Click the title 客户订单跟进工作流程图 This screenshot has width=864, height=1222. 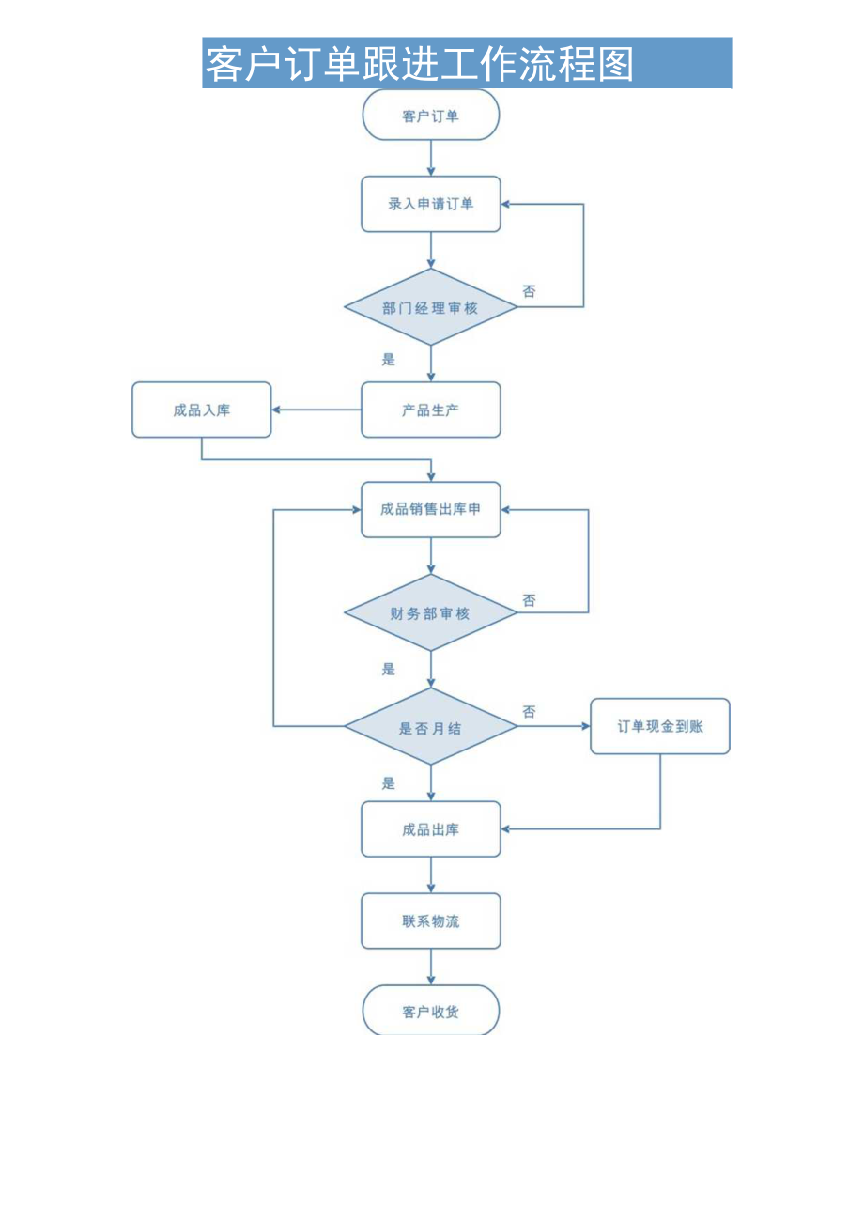tap(420, 64)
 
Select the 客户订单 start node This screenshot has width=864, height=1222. tap(431, 116)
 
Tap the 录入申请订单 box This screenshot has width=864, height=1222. tap(431, 204)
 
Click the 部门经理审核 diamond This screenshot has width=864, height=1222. tap(431, 307)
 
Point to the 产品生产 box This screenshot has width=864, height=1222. tap(431, 410)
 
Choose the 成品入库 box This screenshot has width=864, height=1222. tap(201, 410)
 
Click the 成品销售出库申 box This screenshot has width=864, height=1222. tap(431, 509)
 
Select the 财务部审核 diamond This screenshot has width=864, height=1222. tap(431, 613)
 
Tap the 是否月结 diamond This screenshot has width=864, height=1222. tap(431, 727)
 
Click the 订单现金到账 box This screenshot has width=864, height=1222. tap(659, 726)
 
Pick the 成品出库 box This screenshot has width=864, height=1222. tap(431, 829)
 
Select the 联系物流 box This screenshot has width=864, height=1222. tap(431, 921)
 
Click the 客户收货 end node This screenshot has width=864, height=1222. tap(431, 1012)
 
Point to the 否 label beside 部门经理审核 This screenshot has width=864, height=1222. tap(530, 291)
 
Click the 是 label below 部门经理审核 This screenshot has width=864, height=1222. tap(389, 359)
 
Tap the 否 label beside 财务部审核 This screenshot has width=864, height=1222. tap(530, 600)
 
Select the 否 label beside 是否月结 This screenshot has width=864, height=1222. tap(530, 712)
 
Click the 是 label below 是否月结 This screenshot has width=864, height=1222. tap(389, 782)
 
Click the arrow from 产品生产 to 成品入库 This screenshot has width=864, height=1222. tap(316, 410)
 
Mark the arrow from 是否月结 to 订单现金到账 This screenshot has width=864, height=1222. tap(554, 726)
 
